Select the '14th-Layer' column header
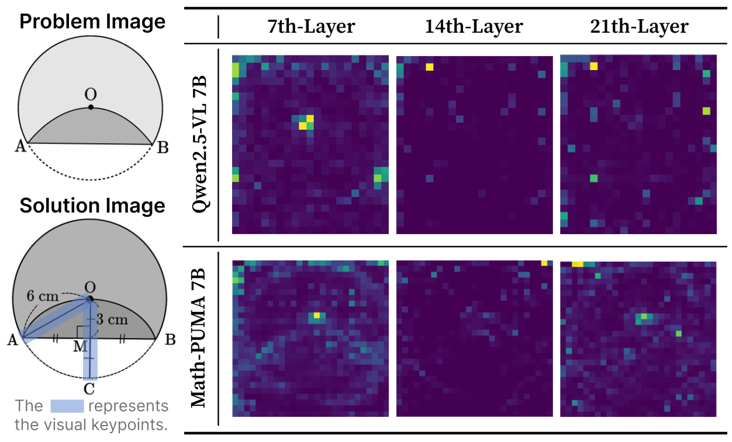[474, 27]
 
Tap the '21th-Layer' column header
[638, 27]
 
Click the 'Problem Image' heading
[92, 22]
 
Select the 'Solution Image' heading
[92, 206]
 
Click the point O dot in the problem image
[91, 107]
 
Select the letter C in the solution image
[89, 387]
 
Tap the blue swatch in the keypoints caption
[67, 406]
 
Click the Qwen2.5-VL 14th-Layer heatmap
[474, 145]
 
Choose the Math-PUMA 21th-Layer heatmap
[638, 339]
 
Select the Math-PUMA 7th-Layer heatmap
[310, 339]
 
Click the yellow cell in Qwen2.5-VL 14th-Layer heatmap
[430, 67]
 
